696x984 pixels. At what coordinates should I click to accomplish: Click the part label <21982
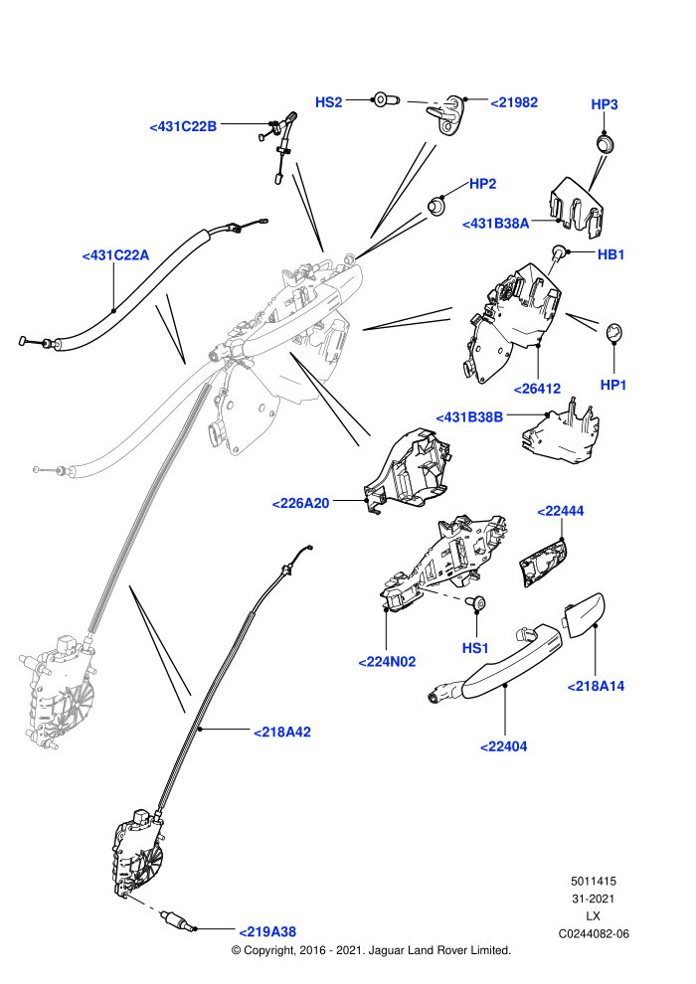[x=514, y=102]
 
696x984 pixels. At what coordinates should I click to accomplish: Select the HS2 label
[x=328, y=102]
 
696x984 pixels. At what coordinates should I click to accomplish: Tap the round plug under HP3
[x=605, y=143]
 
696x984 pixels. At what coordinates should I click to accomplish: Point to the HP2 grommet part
[x=436, y=205]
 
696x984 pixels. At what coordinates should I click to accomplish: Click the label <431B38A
[x=496, y=224]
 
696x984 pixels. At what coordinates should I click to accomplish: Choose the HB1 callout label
[x=610, y=254]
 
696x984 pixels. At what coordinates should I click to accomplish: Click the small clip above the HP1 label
[x=613, y=331]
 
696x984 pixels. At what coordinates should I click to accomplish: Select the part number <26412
[x=537, y=389]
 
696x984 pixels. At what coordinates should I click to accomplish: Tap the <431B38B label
[x=469, y=417]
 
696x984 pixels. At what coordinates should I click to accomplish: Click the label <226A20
[x=300, y=503]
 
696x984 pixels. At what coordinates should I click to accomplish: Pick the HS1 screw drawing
[x=477, y=603]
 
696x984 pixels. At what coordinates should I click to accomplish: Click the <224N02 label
[x=387, y=661]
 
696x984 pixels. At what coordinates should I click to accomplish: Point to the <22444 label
[x=561, y=511]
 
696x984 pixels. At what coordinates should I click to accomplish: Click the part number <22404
[x=503, y=746]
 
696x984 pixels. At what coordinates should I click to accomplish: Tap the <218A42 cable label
[x=281, y=732]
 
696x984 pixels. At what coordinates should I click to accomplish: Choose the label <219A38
[x=267, y=932]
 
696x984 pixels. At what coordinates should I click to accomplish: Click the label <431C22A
[x=115, y=255]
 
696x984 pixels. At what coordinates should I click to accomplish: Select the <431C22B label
[x=183, y=127]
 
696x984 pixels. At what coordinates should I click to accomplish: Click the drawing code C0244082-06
[x=593, y=933]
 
